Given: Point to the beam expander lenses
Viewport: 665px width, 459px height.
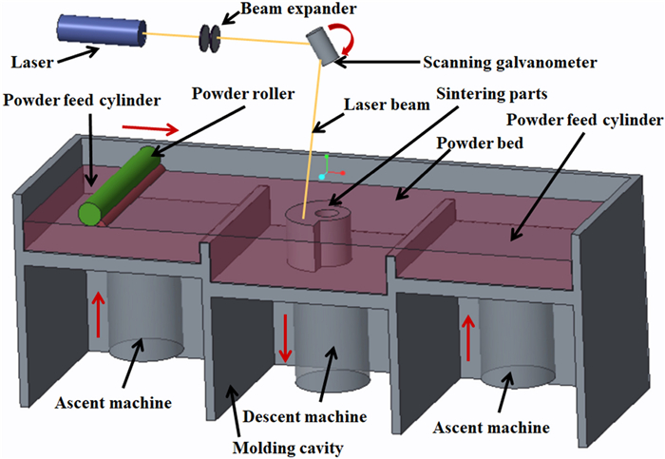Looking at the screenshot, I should (x=211, y=38).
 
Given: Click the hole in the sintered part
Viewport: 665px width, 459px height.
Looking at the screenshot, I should (x=328, y=214).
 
